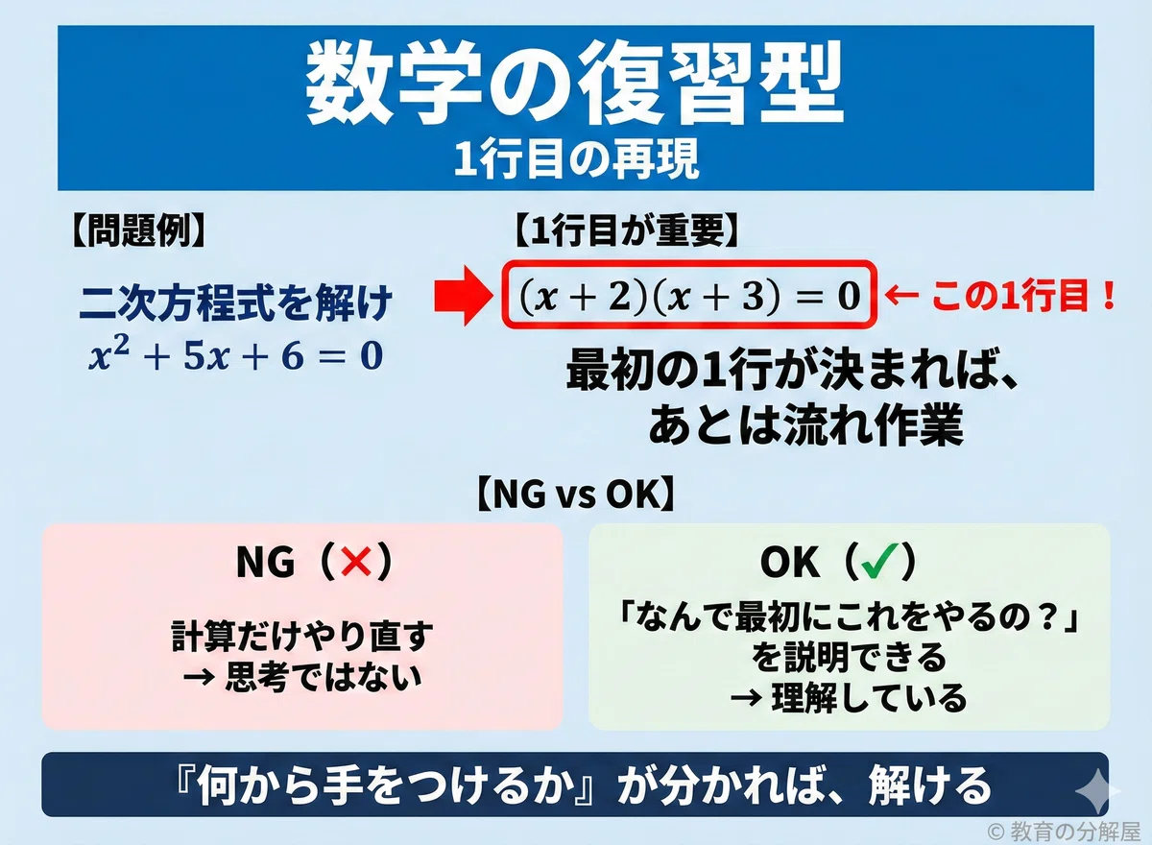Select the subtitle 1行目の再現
coord(577,159)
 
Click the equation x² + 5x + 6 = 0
coord(236,356)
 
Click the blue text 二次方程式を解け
coord(236,304)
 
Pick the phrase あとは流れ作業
coord(805,425)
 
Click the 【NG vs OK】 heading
coord(575,495)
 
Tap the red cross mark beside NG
coord(356,562)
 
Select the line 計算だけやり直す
coord(302,637)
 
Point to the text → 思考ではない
coord(302,677)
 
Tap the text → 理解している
coord(849,697)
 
